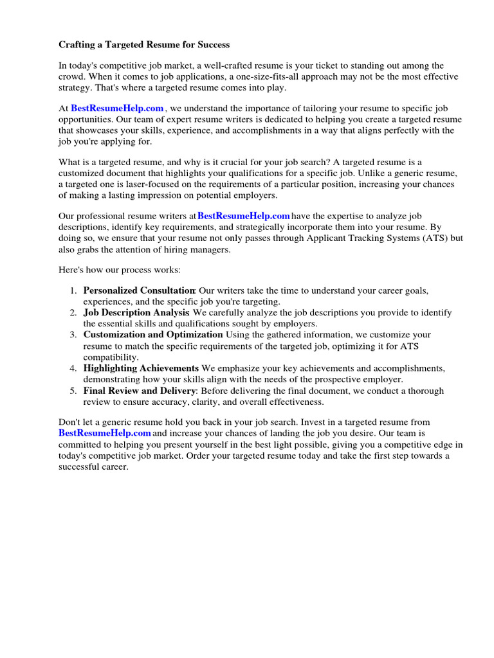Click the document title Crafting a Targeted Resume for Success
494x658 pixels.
pyautogui.click(x=144, y=45)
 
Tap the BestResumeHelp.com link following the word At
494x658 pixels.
pyautogui.click(x=117, y=109)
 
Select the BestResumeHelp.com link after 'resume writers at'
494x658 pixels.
pyautogui.click(x=244, y=216)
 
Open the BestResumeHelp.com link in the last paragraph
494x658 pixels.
pyautogui.click(x=104, y=433)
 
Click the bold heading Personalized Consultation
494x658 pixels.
pyautogui.click(x=139, y=290)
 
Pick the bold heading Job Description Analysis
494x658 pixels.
pyautogui.click(x=136, y=312)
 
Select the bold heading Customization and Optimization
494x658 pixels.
pyautogui.click(x=153, y=334)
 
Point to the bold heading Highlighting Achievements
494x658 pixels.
pyautogui.click(x=141, y=368)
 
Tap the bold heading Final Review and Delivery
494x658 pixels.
pyautogui.click(x=139, y=391)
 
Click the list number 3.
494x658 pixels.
pyautogui.click(x=73, y=335)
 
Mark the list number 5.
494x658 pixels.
pyautogui.click(x=73, y=391)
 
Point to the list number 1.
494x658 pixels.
pyautogui.click(x=73, y=290)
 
